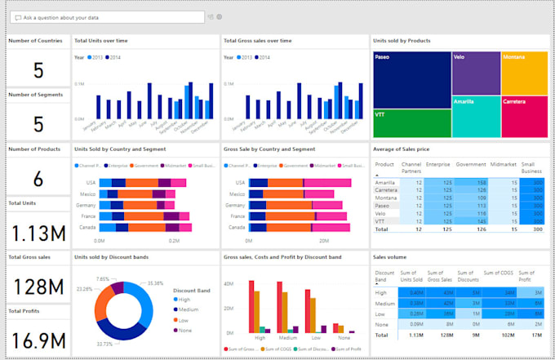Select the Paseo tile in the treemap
pos(411,78)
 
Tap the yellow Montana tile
pos(523,73)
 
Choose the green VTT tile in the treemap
pos(411,123)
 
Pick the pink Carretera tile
pos(523,116)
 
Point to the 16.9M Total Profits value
pos(38,339)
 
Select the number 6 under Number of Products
pos(38,180)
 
